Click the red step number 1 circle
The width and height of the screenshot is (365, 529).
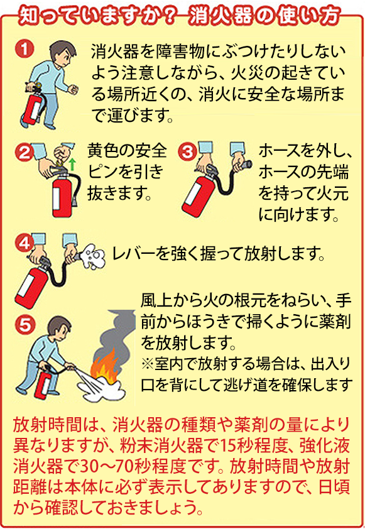coord(25,49)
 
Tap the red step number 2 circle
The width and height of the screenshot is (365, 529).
coord(25,152)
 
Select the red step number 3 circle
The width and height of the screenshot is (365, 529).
coord(187,152)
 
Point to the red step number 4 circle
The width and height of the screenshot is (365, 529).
coord(25,244)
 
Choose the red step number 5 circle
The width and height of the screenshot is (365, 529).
coord(25,325)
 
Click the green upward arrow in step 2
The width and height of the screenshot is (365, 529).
coord(72,165)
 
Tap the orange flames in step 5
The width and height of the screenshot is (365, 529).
coord(105,367)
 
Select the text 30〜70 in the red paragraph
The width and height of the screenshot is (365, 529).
coord(108,467)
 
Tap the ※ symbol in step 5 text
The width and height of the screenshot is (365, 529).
coord(148,364)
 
